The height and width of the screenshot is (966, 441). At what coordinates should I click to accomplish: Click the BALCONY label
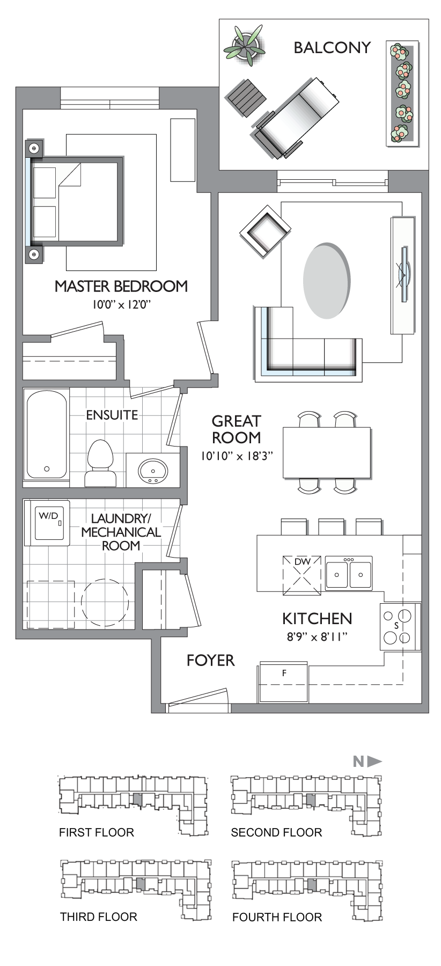332,48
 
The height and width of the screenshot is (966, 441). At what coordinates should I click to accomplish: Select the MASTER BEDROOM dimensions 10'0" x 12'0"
121,305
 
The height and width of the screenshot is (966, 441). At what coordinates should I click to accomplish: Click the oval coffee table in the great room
327,281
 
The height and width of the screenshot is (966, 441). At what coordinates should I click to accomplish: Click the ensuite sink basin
153,471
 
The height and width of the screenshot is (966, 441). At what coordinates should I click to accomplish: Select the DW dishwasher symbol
303,575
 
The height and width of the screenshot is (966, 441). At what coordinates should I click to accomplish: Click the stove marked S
399,626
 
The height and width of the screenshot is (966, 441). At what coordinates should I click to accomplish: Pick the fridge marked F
283,682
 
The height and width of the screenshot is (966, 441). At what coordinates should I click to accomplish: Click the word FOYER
210,661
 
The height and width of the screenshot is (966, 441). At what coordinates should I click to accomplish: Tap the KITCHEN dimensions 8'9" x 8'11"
317,638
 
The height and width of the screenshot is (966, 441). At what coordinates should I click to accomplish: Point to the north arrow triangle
374,761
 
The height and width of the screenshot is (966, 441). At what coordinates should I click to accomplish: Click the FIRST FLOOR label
97,832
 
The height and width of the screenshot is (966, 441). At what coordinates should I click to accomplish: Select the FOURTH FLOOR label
277,917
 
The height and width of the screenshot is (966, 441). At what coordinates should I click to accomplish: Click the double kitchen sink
349,573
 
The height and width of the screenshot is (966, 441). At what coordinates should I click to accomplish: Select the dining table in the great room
327,452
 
